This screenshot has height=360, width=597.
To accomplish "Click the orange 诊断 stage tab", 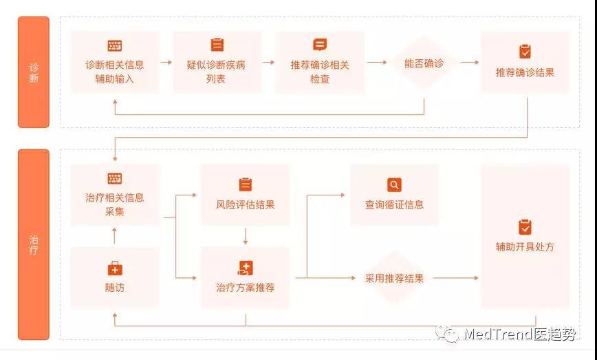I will pos(33,72).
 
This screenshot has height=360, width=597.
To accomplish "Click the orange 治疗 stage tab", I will pos(33,244).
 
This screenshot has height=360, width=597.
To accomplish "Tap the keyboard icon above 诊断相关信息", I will pos(115,45).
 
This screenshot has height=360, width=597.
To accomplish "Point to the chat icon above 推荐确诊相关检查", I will pos(320,45).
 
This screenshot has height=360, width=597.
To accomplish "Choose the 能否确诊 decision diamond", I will pos(424,63).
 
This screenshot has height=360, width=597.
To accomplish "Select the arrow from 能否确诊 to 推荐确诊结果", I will pos(470,63).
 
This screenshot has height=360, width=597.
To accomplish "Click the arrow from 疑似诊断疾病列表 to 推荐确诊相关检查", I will pos(268,63).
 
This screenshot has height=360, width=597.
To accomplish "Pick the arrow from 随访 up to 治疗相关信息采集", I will pos(115,236).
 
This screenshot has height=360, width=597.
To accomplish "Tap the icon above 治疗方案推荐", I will pos(245,268).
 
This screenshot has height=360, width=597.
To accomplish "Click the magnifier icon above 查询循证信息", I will pos(394,185).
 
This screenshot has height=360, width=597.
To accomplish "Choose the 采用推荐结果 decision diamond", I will pos(394,278).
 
